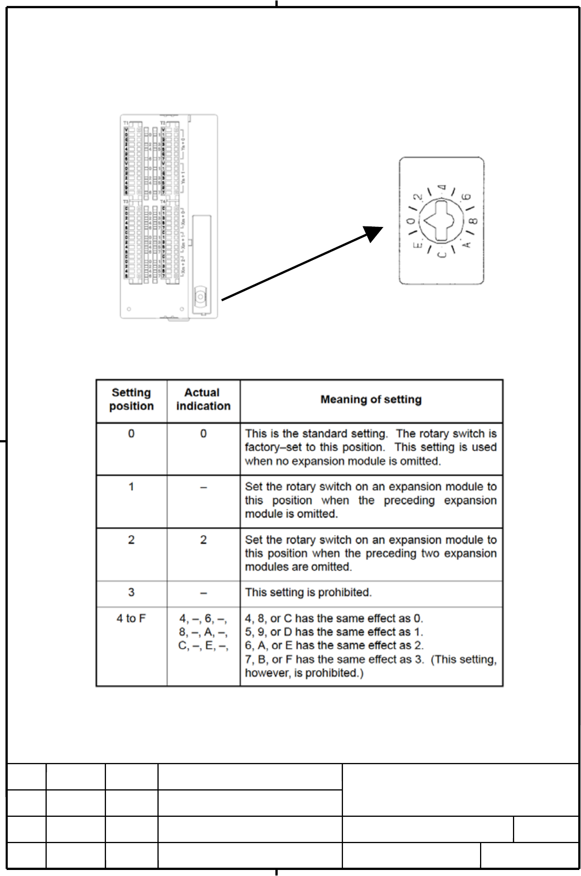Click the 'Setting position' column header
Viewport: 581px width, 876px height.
pyautogui.click(x=131, y=400)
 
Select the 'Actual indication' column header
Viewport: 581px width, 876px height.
pyautogui.click(x=203, y=400)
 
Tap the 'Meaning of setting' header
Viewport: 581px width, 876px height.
pyautogui.click(x=371, y=400)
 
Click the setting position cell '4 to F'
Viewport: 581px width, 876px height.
pyautogui.click(x=131, y=619)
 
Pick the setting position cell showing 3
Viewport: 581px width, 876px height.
pyautogui.click(x=131, y=593)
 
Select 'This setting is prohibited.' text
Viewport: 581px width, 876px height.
pyautogui.click(x=308, y=593)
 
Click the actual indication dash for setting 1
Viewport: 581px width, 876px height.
pyautogui.click(x=203, y=487)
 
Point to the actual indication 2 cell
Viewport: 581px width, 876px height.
pyautogui.click(x=203, y=540)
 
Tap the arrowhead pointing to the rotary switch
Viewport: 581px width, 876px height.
pyautogui.click(x=374, y=234)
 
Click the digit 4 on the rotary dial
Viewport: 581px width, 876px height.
pyautogui.click(x=443, y=189)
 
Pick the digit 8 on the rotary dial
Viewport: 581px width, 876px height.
pyautogui.click(x=473, y=221)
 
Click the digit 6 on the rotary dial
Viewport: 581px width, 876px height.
pyautogui.click(x=467, y=197)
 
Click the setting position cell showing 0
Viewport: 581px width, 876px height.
pyautogui.click(x=131, y=434)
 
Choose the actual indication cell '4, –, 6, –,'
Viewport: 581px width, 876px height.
pyautogui.click(x=203, y=619)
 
